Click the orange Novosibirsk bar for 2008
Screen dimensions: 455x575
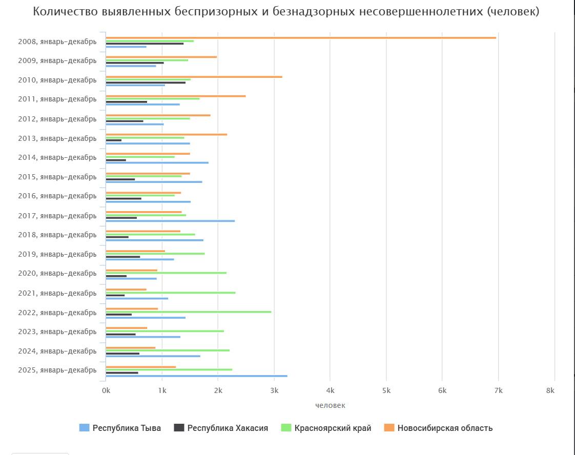pos(300,37)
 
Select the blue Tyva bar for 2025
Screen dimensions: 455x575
pos(196,376)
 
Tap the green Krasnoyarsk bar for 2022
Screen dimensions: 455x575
pos(188,312)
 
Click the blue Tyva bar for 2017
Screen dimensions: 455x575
pos(170,221)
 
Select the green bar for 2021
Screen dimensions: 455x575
pos(170,293)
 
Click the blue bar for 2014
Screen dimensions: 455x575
pos(157,162)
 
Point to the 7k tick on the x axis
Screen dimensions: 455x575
pos(498,390)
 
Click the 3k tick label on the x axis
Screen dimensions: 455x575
pos(274,390)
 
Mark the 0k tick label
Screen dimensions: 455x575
pos(106,390)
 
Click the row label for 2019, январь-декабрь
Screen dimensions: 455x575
pos(57,254)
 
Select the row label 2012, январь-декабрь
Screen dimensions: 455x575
pos(57,119)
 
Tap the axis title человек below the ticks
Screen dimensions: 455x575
pos(330,405)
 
